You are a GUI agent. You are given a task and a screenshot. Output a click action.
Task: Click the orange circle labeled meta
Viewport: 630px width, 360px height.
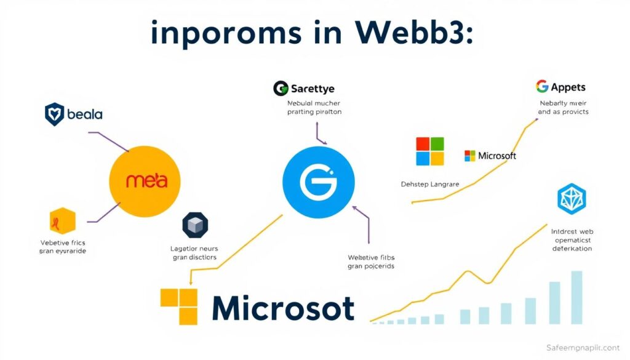(145, 181)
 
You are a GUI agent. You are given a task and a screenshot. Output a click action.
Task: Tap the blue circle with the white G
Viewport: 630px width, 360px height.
(318, 182)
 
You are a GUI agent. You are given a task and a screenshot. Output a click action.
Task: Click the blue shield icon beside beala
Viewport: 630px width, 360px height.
(55, 114)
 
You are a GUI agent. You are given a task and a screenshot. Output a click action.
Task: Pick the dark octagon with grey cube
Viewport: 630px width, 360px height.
(196, 225)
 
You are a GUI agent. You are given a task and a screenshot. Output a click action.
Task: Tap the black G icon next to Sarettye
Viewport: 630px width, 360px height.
(281, 89)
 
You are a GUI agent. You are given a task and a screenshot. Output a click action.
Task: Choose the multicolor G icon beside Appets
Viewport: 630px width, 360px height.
(542, 86)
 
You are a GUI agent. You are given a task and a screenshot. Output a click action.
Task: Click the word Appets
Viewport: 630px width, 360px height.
(569, 87)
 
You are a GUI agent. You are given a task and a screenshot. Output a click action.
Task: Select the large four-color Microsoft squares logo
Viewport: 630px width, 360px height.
(430, 151)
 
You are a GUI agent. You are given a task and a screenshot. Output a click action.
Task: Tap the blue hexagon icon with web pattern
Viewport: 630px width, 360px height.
(572, 199)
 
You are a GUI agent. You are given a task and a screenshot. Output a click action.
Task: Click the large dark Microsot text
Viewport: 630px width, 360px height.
(283, 308)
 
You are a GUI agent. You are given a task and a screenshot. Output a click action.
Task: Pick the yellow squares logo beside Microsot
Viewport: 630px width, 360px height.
(179, 306)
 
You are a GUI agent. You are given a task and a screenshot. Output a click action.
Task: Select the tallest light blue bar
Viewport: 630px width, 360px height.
(576, 297)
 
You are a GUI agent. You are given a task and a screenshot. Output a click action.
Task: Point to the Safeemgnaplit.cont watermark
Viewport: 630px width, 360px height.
(583, 348)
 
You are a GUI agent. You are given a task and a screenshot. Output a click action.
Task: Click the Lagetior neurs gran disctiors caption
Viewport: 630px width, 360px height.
(194, 253)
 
